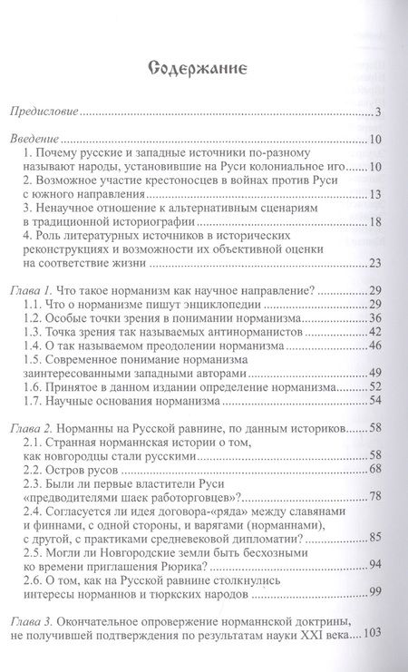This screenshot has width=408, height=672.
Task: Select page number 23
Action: tap(358, 264)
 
